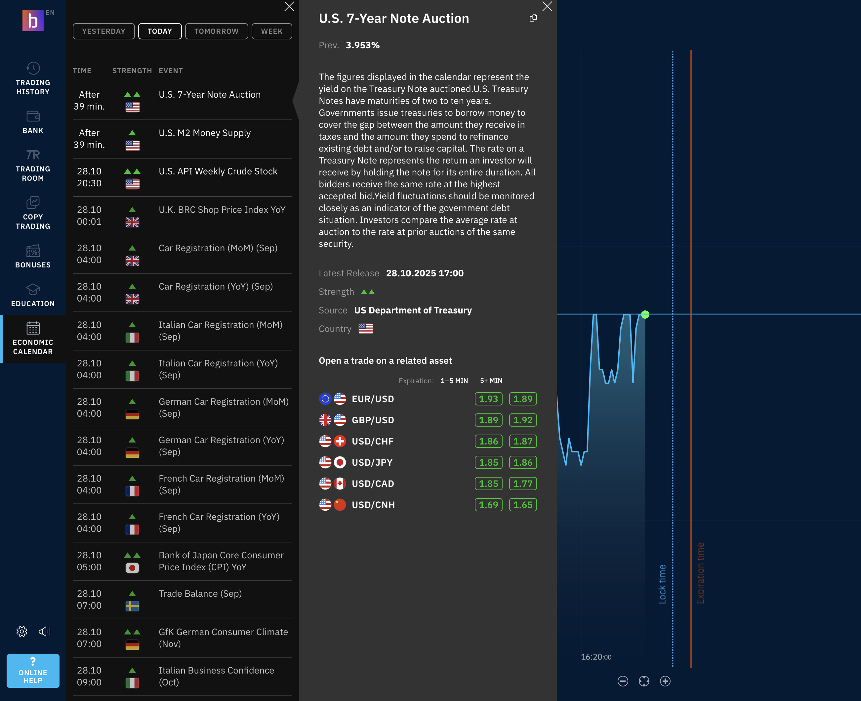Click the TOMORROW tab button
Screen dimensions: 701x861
click(216, 31)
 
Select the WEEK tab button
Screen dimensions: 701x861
click(271, 31)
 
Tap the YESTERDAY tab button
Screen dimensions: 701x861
click(104, 31)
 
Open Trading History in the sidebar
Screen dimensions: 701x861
click(33, 79)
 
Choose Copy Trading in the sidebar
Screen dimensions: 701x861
click(33, 213)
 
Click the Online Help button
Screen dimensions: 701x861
click(33, 671)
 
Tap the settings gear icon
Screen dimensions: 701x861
click(22, 631)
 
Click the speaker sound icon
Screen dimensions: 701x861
click(44, 631)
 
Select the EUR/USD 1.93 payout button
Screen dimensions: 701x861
click(488, 399)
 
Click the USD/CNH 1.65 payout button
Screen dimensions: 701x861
click(523, 505)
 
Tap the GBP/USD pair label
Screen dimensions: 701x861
click(373, 420)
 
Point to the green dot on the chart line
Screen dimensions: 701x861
click(645, 314)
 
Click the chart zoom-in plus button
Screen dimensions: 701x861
click(665, 681)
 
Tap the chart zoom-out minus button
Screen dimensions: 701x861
click(623, 681)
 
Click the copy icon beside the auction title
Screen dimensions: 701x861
click(533, 18)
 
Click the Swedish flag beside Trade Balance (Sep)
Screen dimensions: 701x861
click(132, 606)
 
